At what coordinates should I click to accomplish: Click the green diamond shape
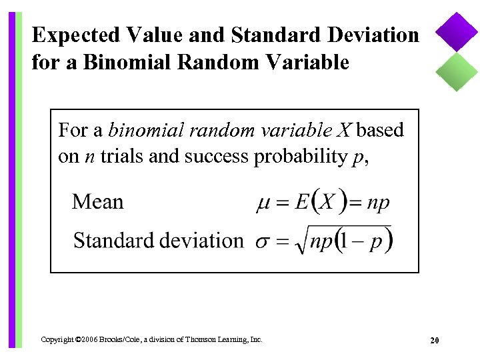click(x=457, y=71)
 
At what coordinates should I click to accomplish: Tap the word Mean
click(x=97, y=202)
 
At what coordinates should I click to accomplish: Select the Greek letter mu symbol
click(x=263, y=204)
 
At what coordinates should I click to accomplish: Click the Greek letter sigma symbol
click(x=263, y=241)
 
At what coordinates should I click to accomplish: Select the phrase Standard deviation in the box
click(x=158, y=240)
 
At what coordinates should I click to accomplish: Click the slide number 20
click(x=434, y=341)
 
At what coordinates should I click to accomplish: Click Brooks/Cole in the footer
click(x=121, y=339)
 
